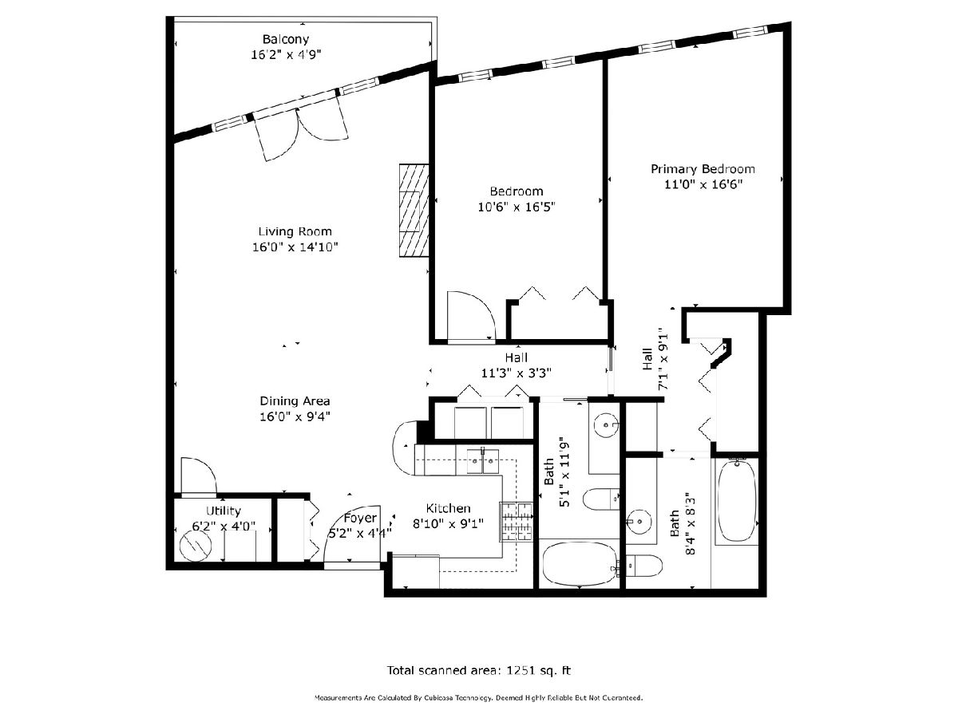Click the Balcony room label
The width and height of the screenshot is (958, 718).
click(x=286, y=39)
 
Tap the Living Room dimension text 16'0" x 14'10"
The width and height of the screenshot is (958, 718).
click(x=295, y=247)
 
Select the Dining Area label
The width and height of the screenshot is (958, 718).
click(x=295, y=401)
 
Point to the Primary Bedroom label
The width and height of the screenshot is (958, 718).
click(x=703, y=169)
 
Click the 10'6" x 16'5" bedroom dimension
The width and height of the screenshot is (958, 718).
click(x=517, y=207)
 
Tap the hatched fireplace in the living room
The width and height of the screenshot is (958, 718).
click(x=414, y=211)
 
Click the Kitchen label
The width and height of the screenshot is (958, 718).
click(x=448, y=508)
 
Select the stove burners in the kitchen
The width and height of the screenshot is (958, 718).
click(x=517, y=523)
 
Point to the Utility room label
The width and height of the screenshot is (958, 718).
click(x=224, y=511)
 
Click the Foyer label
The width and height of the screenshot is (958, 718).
click(x=360, y=518)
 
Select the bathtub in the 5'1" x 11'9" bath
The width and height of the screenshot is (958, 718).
click(x=580, y=565)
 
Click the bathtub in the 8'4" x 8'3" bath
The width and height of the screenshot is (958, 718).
click(x=737, y=501)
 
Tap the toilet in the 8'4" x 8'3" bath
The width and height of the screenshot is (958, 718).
click(x=644, y=566)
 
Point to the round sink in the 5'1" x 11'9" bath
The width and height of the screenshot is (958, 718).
click(x=606, y=424)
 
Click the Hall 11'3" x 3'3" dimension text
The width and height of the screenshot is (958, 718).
click(x=517, y=373)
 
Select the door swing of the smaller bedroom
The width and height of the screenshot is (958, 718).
click(x=471, y=315)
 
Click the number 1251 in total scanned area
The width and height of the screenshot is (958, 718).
click(x=521, y=670)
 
